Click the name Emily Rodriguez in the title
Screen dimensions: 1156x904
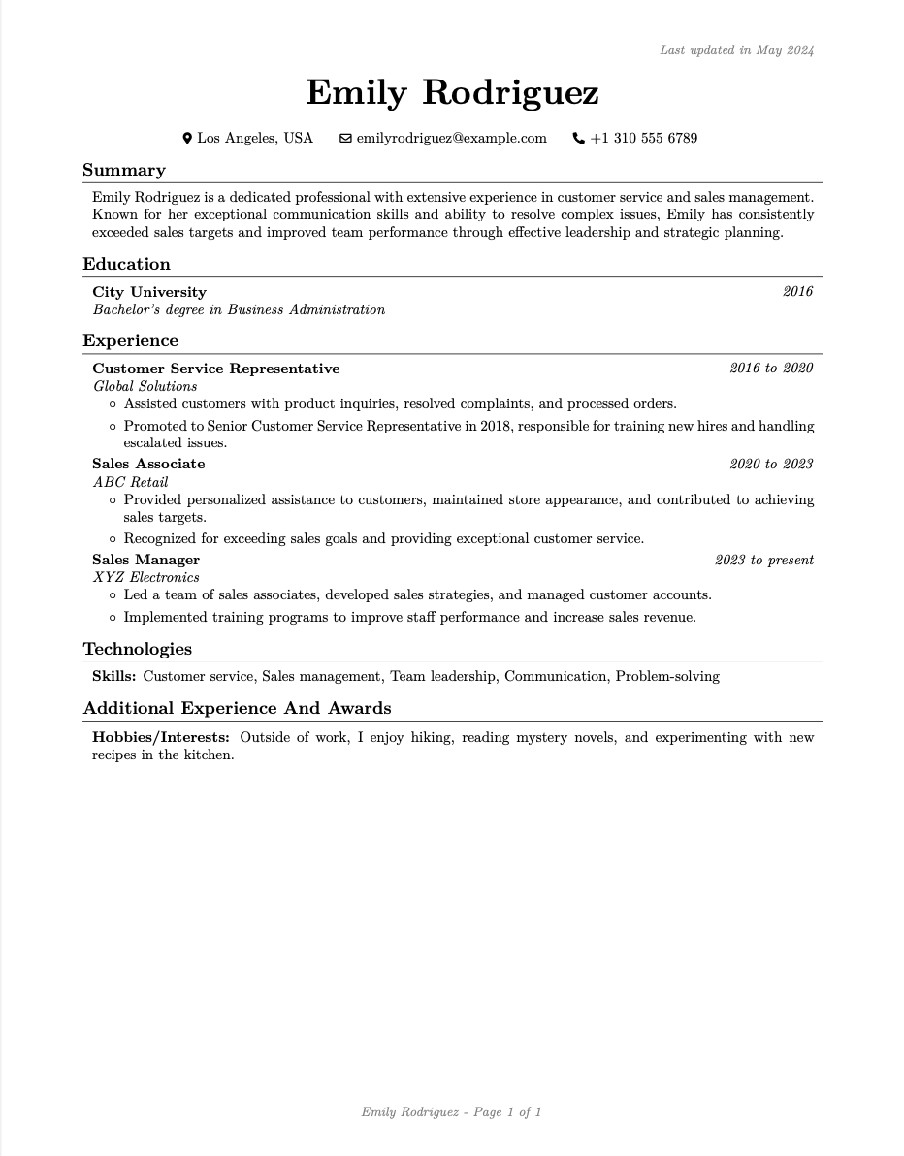tap(452, 93)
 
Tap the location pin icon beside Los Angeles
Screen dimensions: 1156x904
tap(187, 139)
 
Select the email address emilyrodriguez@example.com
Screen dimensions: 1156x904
tap(451, 139)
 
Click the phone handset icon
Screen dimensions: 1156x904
tap(579, 139)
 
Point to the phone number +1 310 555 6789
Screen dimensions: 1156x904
tap(644, 139)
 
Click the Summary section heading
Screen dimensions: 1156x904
tap(124, 171)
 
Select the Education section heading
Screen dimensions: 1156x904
tap(126, 265)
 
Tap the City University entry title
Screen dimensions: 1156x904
tap(149, 292)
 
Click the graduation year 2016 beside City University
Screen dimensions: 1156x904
tap(797, 292)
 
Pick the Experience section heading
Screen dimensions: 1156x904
tap(130, 341)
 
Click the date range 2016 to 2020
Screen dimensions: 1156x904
tap(771, 369)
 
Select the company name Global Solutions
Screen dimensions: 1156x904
tap(145, 386)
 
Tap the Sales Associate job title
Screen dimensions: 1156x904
tap(148, 465)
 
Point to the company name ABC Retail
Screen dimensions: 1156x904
tap(131, 482)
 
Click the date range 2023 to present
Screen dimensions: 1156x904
tap(764, 561)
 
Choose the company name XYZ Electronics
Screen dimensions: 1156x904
tap(146, 578)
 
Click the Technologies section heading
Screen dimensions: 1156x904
tap(138, 650)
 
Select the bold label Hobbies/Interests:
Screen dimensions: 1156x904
tap(161, 738)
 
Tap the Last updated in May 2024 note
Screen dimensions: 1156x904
tap(736, 50)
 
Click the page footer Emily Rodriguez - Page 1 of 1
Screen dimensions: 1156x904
tap(451, 1112)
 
